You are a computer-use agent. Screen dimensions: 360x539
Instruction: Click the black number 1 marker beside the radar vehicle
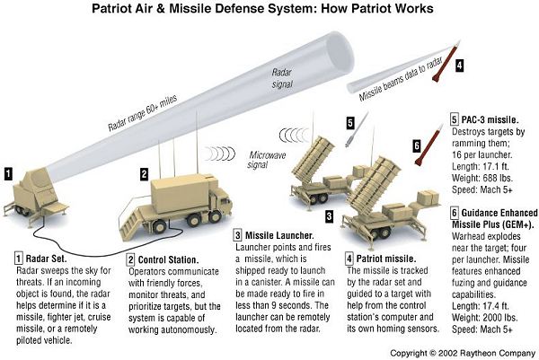pos(7,172)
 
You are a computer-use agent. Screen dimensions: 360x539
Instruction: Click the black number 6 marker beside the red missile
pos(416,145)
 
